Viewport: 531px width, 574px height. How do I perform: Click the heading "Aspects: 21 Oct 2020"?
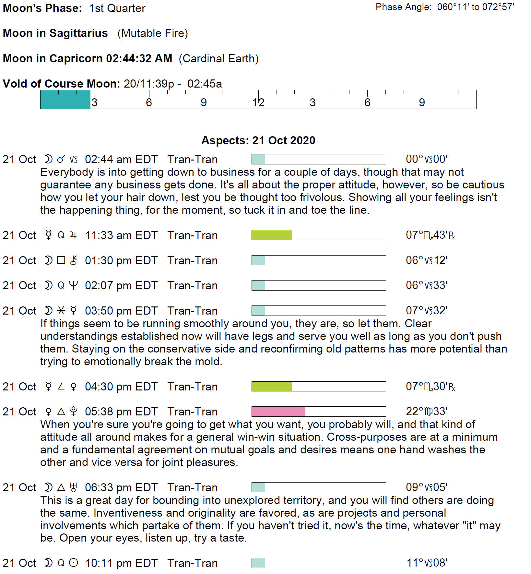pos(258,140)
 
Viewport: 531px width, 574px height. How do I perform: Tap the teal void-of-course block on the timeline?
pos(65,99)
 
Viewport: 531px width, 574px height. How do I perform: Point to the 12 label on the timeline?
pos(258,102)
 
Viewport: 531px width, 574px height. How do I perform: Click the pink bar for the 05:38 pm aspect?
pos(278,412)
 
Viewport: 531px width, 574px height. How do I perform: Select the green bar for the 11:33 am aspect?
pos(272,235)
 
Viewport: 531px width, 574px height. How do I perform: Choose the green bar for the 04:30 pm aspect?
pos(272,387)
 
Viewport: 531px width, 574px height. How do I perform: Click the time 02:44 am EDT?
pos(121,160)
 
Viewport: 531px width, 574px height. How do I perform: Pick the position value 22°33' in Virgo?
pos(427,412)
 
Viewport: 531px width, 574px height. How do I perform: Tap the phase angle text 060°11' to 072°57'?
pos(476,7)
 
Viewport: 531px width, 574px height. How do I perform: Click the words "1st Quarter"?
pos(117,8)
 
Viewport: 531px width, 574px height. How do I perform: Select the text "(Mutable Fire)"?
pos(153,33)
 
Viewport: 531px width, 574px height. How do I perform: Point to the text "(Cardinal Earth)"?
pos(219,59)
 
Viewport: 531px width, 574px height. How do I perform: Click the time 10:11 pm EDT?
pos(121,563)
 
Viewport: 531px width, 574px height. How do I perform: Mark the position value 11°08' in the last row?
pos(427,563)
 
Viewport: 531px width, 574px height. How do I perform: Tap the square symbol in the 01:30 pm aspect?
pos(61,260)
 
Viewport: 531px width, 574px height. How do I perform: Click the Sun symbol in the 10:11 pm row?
pos(74,563)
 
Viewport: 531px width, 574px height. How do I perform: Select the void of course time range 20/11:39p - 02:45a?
pos(173,84)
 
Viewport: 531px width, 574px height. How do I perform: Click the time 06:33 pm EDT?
pos(121,488)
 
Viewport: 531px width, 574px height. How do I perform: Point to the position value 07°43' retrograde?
pos(431,235)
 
